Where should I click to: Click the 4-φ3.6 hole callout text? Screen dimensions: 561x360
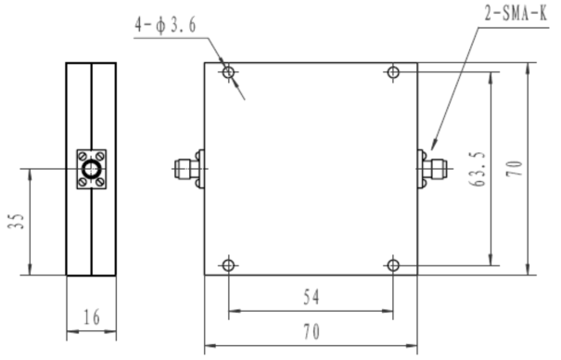coord(165,25)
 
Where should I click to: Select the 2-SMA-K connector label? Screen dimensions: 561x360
coord(516,14)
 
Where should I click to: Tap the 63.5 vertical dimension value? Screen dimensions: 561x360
coord(478,169)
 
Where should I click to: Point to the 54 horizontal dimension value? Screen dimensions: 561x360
coord(311,297)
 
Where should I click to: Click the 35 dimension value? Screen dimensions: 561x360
coord(16,221)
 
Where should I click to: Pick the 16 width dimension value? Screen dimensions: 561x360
coord(92,317)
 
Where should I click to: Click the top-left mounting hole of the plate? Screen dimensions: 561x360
coord(228,72)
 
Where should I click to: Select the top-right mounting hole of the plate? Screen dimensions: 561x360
coord(393,72)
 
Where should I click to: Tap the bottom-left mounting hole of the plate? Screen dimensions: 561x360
coord(228,265)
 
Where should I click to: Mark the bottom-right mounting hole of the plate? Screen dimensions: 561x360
coord(393,265)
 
